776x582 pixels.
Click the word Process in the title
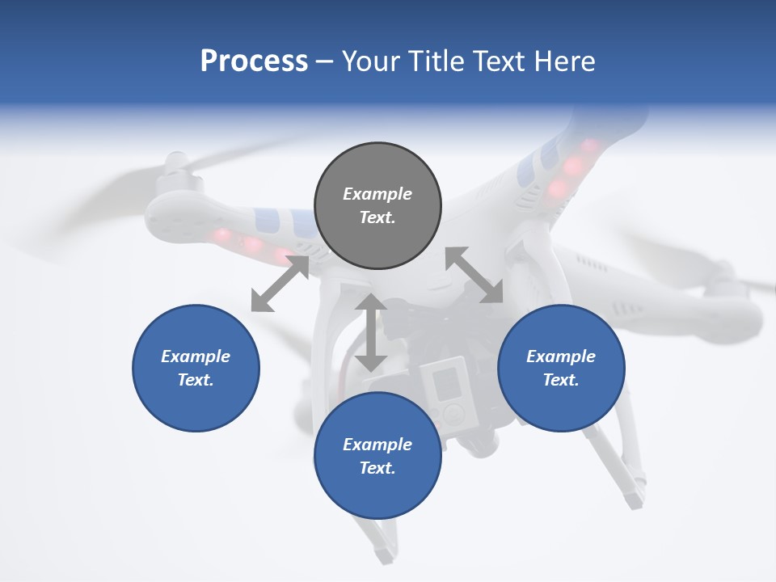254,61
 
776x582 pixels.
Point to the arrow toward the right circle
474,276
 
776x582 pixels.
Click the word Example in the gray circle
377,194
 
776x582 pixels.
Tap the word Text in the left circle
196,380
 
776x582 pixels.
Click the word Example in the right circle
561,356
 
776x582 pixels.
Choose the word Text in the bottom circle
377,468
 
